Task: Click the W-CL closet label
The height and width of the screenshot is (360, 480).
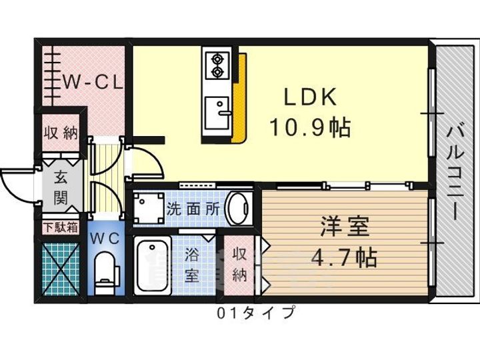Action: (x=93, y=82)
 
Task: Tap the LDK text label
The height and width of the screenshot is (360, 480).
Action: (x=310, y=97)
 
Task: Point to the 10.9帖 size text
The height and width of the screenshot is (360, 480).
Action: (x=310, y=127)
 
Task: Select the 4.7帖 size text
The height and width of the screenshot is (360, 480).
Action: (x=344, y=257)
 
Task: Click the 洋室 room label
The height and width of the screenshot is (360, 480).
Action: (x=345, y=227)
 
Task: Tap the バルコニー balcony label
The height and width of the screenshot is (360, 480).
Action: (x=455, y=173)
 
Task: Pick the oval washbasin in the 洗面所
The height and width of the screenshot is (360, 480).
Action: (x=239, y=209)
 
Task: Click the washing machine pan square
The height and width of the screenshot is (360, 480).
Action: (x=149, y=207)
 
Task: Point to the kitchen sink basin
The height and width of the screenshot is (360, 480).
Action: (x=217, y=113)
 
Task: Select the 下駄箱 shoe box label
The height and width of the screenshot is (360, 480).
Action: (x=61, y=227)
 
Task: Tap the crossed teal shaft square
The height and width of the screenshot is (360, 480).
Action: (x=61, y=269)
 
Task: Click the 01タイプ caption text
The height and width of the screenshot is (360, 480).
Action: (x=257, y=313)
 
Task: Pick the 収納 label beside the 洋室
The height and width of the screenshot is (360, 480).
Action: (x=239, y=265)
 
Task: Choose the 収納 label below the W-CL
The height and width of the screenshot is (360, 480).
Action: (x=61, y=133)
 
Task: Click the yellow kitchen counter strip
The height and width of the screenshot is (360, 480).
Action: (x=239, y=98)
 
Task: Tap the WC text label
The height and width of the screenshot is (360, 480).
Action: (x=105, y=238)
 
